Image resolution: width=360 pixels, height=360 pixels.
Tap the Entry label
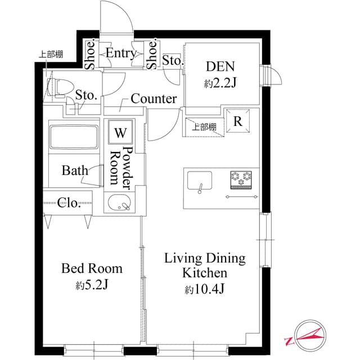pyautogui.click(x=121, y=53)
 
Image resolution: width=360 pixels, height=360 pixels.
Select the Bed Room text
pyautogui.click(x=92, y=269)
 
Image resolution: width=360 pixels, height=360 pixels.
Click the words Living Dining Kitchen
pyautogui.click(x=205, y=266)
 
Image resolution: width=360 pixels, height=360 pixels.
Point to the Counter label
pyautogui.click(x=154, y=99)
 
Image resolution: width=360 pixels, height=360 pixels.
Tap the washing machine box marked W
pyautogui.click(x=120, y=133)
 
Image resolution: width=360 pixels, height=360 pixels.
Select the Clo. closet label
pyautogui.click(x=70, y=203)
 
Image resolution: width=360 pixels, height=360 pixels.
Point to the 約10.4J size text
pyautogui.click(x=205, y=290)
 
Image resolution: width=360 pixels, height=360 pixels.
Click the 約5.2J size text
pyautogui.click(x=92, y=285)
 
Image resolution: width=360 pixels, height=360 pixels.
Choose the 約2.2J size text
pyautogui.click(x=219, y=83)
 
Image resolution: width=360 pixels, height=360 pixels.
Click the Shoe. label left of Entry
pyautogui.click(x=89, y=54)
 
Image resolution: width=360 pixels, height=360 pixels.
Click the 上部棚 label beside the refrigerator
pyautogui.click(x=204, y=127)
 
